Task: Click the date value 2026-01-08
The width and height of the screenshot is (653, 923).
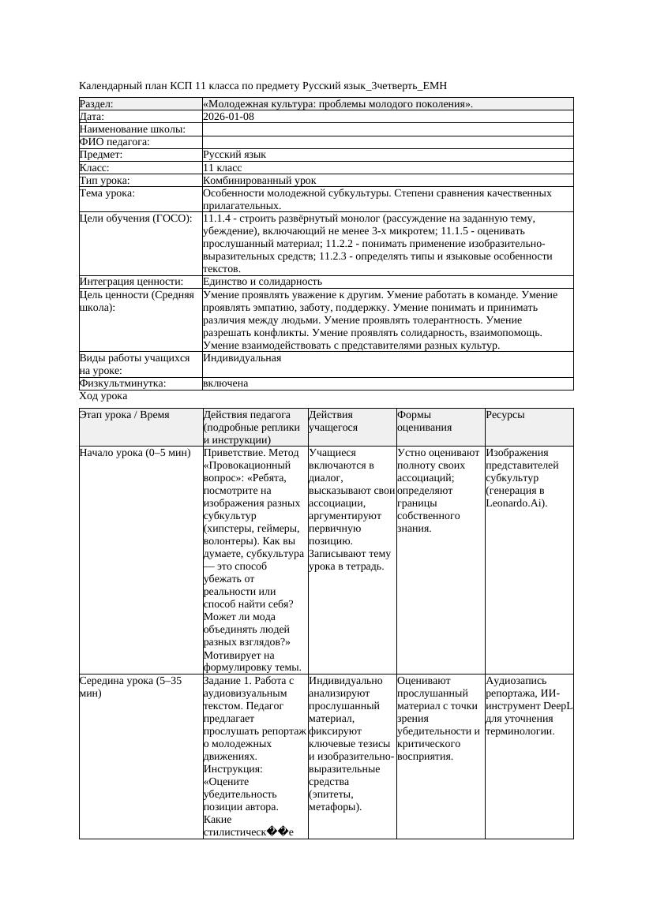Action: click(x=228, y=117)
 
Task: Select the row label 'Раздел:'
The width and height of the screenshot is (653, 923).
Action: click(x=96, y=104)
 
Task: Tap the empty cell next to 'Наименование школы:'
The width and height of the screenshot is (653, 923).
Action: click(x=387, y=129)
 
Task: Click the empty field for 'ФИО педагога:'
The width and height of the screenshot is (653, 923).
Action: click(x=387, y=142)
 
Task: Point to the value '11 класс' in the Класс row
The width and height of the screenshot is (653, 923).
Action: click(x=222, y=168)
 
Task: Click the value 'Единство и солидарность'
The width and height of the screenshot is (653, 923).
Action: click(x=262, y=282)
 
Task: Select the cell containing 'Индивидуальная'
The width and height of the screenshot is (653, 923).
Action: click(x=242, y=358)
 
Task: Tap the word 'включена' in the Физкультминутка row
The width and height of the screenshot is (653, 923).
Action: click(x=225, y=383)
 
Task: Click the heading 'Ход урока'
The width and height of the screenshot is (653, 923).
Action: click(x=103, y=397)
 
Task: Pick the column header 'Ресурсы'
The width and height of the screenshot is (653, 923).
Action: click(x=505, y=415)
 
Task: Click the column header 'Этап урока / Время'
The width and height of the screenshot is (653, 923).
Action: click(x=124, y=415)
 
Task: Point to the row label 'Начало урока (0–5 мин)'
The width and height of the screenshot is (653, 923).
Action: click(x=135, y=454)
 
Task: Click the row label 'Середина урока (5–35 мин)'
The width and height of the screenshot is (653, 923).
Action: click(x=131, y=687)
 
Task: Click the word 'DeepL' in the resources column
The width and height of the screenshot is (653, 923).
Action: click(x=557, y=706)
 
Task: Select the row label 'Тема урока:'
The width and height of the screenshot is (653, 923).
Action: click(x=107, y=193)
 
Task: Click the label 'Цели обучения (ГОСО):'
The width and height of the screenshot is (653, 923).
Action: click(x=136, y=219)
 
